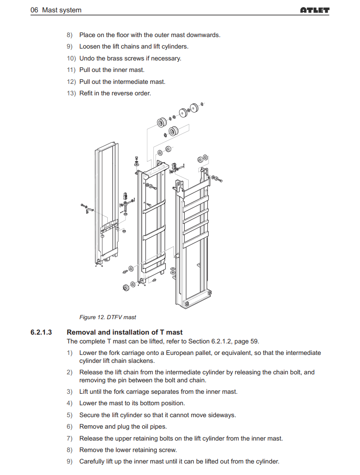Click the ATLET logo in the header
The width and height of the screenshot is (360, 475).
coord(315,10)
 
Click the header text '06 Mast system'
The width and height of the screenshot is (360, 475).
coord(56,10)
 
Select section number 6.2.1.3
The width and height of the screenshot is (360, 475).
coord(42,332)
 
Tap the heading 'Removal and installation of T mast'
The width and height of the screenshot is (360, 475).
coord(124,332)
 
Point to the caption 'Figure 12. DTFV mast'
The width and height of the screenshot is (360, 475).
coord(108,317)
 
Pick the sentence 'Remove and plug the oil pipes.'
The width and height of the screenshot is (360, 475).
coord(123,426)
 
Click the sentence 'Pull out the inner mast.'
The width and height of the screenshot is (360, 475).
coord(112,70)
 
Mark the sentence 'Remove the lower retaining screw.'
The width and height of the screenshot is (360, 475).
coord(128,450)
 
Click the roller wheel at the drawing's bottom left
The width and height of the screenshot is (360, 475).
coord(126,287)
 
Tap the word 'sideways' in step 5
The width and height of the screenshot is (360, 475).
coord(222,415)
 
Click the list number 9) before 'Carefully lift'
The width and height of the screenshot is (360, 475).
coord(70,461)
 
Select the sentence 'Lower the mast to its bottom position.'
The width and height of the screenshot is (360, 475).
coord(132,403)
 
